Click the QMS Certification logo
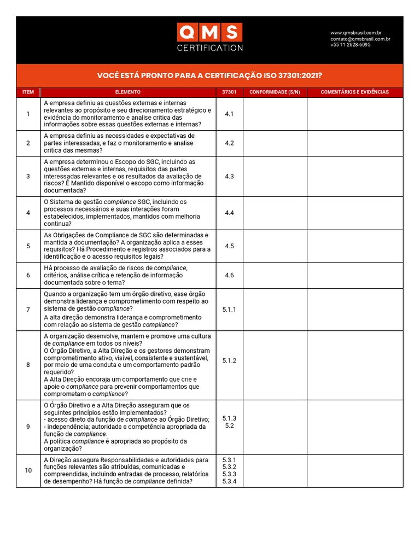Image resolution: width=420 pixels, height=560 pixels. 209,37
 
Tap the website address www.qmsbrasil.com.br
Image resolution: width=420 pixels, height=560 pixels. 356,33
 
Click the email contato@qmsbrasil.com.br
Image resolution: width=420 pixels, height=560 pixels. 360,39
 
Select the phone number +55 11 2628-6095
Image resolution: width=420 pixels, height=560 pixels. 350,45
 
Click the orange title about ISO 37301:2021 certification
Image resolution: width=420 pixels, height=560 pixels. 209,75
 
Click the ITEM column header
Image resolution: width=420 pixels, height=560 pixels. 28,92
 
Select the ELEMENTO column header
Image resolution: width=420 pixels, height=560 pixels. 128,92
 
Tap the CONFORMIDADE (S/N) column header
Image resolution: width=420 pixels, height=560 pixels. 275,92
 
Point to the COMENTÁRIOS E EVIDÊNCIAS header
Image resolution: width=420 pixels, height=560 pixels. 354,92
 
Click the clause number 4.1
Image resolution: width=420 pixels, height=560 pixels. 229,114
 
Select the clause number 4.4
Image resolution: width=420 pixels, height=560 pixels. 229,213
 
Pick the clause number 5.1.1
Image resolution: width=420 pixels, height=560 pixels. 229,310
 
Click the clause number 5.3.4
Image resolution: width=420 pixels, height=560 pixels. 229,482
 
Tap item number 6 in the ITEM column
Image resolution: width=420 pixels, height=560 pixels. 28,276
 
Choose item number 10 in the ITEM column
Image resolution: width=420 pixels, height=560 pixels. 28,470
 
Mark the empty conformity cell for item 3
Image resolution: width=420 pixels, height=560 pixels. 275,177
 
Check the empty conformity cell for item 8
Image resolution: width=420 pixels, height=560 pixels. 275,365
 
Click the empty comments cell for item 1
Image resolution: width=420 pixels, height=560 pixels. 354,114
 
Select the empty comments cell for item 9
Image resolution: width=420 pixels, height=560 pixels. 354,427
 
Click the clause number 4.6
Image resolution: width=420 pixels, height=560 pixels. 229,276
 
